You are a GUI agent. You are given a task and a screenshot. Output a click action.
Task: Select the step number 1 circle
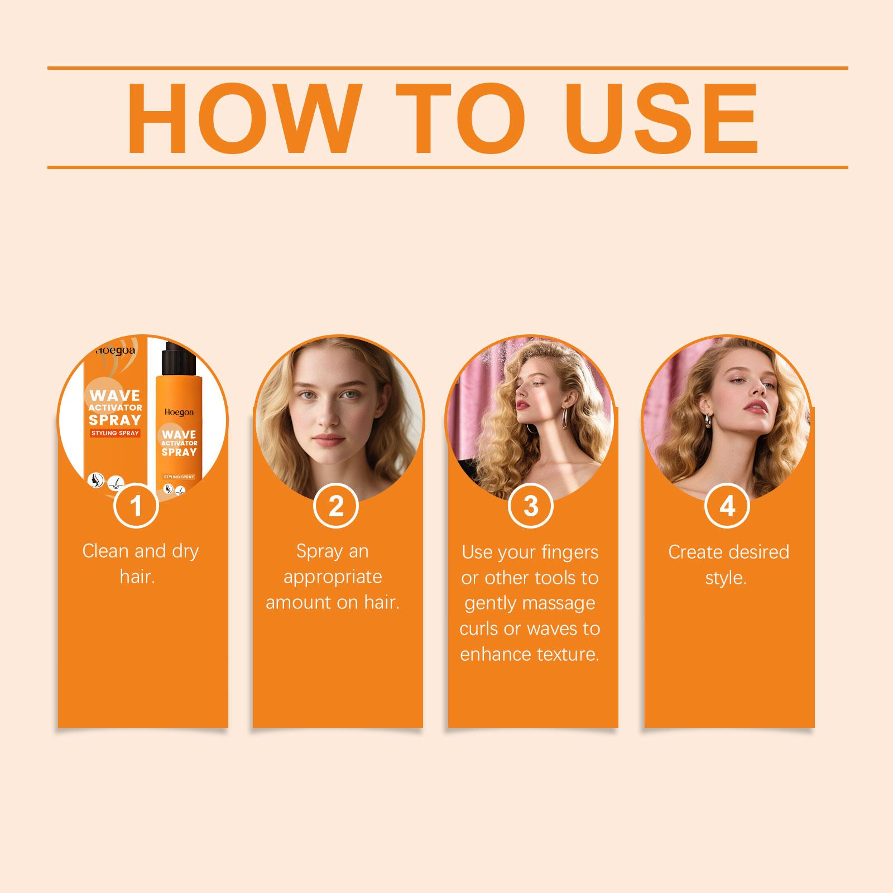pyautogui.click(x=136, y=506)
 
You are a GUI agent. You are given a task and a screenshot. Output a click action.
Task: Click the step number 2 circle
pyautogui.click(x=336, y=506)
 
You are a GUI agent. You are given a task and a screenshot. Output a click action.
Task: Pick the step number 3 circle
pyautogui.click(x=531, y=506)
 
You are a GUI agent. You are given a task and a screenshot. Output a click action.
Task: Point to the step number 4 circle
pyautogui.click(x=727, y=506)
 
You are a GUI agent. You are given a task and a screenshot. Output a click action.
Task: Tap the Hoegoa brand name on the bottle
pyautogui.click(x=179, y=412)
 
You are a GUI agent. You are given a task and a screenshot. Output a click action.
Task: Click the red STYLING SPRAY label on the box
pyautogui.click(x=115, y=433)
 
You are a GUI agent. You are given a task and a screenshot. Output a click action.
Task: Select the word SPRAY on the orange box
pyautogui.click(x=115, y=419)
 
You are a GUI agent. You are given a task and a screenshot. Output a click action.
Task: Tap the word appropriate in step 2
pyautogui.click(x=333, y=577)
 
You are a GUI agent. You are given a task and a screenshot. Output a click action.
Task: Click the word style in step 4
pyautogui.click(x=726, y=578)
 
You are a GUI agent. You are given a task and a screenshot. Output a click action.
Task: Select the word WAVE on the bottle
pyautogui.click(x=179, y=434)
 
